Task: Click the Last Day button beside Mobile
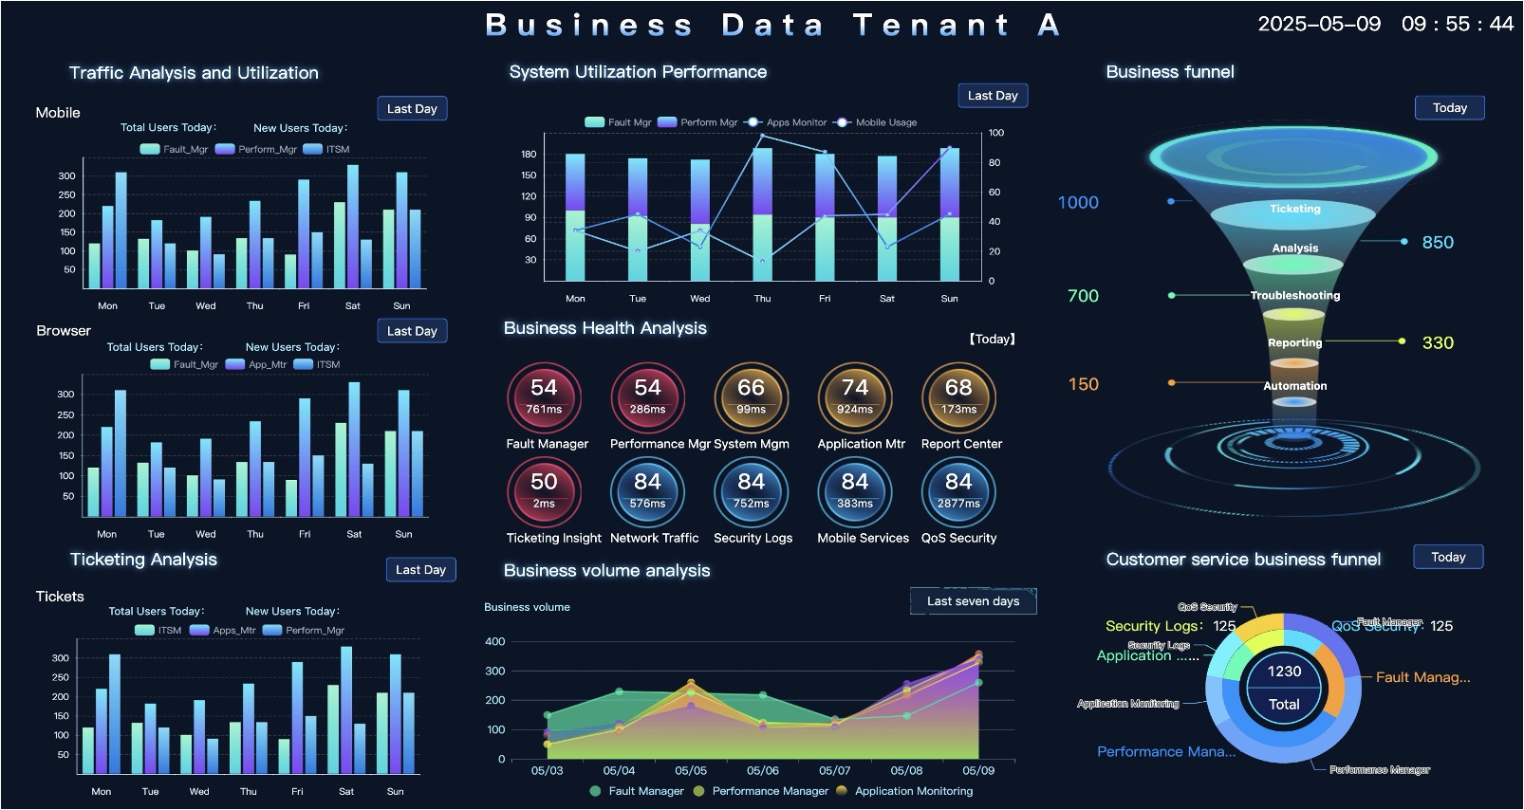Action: pyautogui.click(x=412, y=109)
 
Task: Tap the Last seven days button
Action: pyautogui.click(x=973, y=601)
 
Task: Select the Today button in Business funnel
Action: pyautogui.click(x=1449, y=108)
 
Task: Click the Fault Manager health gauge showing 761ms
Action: pyautogui.click(x=544, y=397)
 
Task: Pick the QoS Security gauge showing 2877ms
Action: pyautogui.click(x=958, y=491)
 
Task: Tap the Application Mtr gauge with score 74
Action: pyautogui.click(x=855, y=397)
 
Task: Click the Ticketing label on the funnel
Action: pyautogui.click(x=1294, y=209)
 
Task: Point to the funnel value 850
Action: pyautogui.click(x=1437, y=243)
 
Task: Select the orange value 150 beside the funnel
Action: pyautogui.click(x=1083, y=384)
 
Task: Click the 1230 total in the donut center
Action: pyautogui.click(x=1284, y=672)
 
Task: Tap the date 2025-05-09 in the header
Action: pyautogui.click(x=1319, y=25)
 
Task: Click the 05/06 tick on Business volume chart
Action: pyautogui.click(x=762, y=771)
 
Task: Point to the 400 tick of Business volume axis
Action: pyautogui.click(x=494, y=642)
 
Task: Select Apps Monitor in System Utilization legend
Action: pyautogui.click(x=796, y=122)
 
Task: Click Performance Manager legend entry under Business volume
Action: pyautogui.click(x=770, y=791)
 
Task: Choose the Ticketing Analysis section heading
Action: pyautogui.click(x=143, y=560)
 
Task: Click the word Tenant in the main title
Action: pyautogui.click(x=930, y=25)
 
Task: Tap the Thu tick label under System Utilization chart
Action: pyautogui.click(x=762, y=299)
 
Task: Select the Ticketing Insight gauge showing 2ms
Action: pyautogui.click(x=544, y=491)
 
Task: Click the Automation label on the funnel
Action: pyautogui.click(x=1294, y=386)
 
